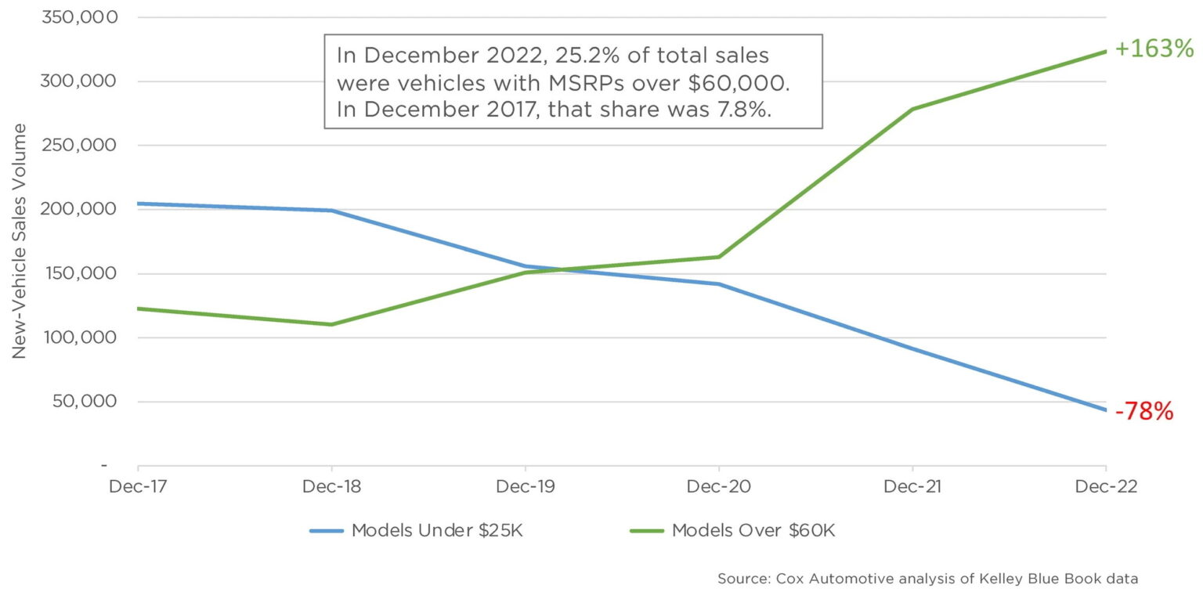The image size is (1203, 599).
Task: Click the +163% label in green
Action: [x=1154, y=49]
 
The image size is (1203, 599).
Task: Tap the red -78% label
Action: [x=1143, y=411]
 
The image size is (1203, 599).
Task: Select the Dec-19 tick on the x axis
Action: [x=525, y=486]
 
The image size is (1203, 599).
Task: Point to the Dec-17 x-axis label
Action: [x=137, y=486]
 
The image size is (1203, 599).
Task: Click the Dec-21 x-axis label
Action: [x=912, y=486]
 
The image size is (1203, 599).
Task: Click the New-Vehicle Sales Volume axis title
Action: [x=20, y=241]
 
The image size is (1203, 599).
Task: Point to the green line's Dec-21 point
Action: [x=912, y=109]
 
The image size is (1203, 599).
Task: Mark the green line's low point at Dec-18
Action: [x=331, y=324]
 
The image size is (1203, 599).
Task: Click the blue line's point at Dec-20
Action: [x=718, y=284]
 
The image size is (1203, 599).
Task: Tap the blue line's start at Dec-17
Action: [x=139, y=204]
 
